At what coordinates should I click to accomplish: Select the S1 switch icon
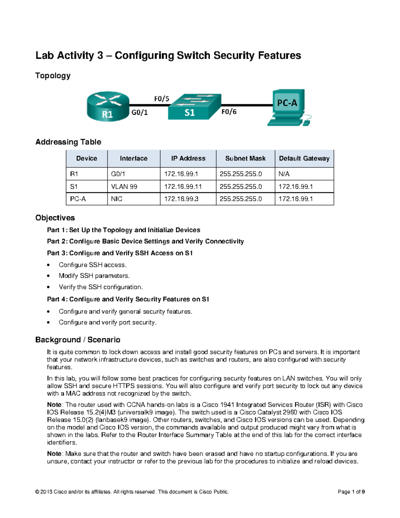click(194, 107)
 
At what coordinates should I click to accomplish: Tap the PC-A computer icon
click(288, 107)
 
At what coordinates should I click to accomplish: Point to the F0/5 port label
click(162, 99)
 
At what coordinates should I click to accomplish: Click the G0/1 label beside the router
click(139, 112)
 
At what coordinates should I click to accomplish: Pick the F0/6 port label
click(229, 112)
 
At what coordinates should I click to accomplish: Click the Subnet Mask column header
click(245, 158)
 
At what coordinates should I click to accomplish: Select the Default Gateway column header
click(304, 158)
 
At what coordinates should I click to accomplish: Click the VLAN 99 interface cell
click(124, 186)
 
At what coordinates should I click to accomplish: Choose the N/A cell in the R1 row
click(284, 174)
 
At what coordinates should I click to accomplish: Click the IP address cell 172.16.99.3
click(181, 199)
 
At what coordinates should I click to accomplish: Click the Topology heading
click(53, 76)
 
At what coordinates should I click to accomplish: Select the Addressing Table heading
click(68, 142)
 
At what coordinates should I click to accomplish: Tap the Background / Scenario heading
click(78, 340)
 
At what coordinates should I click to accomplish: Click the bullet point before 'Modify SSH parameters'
click(49, 276)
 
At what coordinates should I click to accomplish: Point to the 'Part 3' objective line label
click(57, 253)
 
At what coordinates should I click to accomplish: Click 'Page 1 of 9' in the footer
click(351, 492)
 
